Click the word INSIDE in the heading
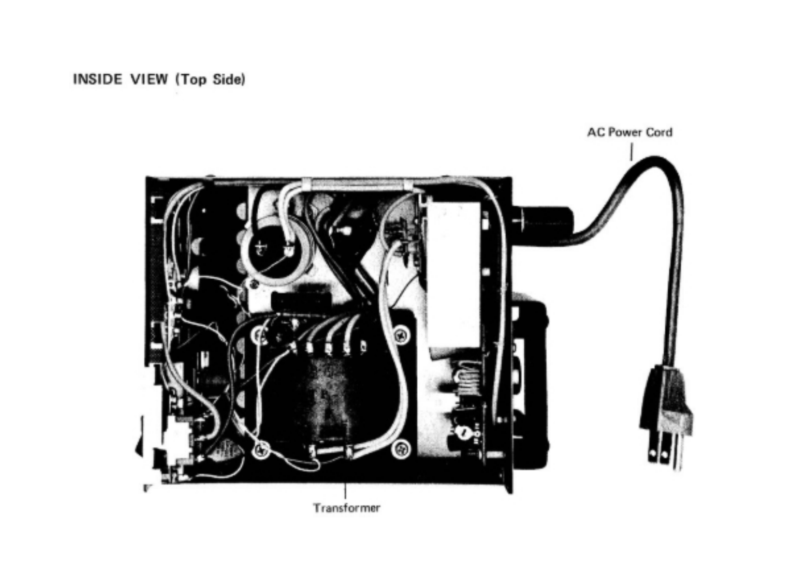(97, 79)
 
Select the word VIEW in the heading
(150, 79)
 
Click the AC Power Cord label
(629, 132)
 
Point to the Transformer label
(346, 507)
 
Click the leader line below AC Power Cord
(631, 151)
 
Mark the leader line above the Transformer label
(345, 491)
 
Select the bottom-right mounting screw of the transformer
(401, 447)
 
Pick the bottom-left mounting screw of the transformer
(261, 449)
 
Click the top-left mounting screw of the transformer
(259, 334)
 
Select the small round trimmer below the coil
(460, 432)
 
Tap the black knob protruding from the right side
(530, 379)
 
